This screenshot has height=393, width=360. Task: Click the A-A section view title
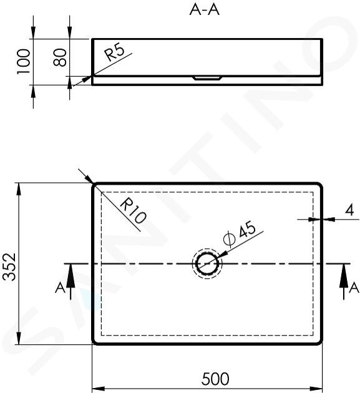pyautogui.click(x=204, y=10)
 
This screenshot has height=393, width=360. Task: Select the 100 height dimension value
pyautogui.click(x=23, y=62)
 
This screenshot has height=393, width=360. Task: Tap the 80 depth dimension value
pyautogui.click(x=60, y=57)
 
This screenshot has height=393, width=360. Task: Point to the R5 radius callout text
pyautogui.click(x=115, y=53)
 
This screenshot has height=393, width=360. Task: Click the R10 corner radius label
pyautogui.click(x=133, y=210)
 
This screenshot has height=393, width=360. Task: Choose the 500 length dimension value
pyautogui.click(x=215, y=379)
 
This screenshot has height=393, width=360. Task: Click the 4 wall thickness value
pyautogui.click(x=349, y=210)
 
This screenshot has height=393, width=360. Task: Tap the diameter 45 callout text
pyautogui.click(x=240, y=233)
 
